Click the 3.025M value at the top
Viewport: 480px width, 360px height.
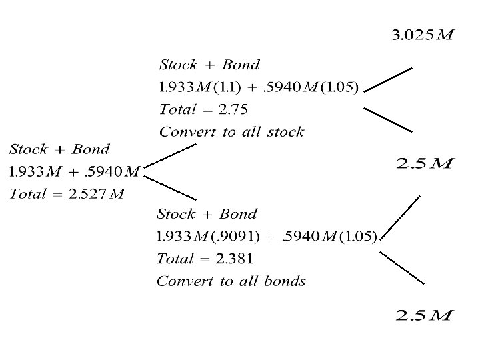pyautogui.click(x=421, y=33)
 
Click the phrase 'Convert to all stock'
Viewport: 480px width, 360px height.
pyautogui.click(x=231, y=131)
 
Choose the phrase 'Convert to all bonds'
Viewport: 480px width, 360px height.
pyautogui.click(x=231, y=281)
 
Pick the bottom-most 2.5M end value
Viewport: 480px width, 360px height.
pyautogui.click(x=424, y=314)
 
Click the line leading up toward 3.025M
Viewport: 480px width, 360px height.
pyautogui.click(x=389, y=77)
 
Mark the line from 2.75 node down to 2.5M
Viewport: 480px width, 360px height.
pyautogui.click(x=387, y=118)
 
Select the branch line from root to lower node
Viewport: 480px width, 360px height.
pyautogui.click(x=171, y=187)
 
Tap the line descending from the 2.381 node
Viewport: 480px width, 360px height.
pyautogui.click(x=401, y=265)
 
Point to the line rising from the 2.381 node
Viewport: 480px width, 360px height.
pyautogui.click(x=400, y=219)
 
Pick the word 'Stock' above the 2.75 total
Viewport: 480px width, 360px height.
pyautogui.click(x=179, y=65)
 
